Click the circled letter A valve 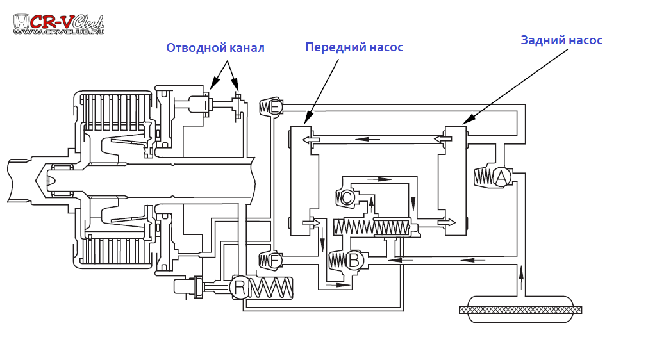501,177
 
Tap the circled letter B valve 354,260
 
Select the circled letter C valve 347,198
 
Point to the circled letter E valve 275,107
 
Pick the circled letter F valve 274,261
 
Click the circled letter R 240,288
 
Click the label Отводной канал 215,48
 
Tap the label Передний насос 354,47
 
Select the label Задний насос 561,40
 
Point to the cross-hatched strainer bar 520,309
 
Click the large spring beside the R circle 270,288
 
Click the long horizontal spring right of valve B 372,227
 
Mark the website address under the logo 58,31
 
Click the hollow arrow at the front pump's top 311,139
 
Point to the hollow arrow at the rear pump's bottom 446,222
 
